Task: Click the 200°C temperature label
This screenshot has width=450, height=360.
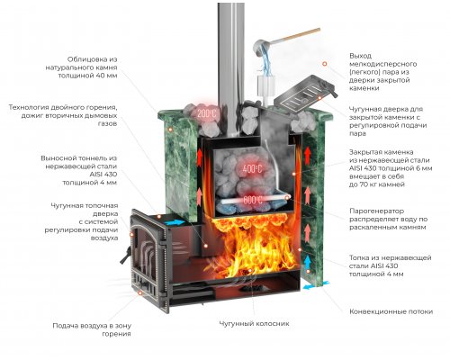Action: pos(206,114)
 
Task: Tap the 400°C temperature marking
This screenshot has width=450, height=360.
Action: pos(252,169)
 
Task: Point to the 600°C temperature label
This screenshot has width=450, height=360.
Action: pos(252,200)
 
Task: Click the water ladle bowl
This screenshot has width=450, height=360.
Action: pos(261,48)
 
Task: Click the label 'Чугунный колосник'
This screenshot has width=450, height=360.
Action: pos(254,324)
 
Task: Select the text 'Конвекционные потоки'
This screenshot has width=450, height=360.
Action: pos(391,311)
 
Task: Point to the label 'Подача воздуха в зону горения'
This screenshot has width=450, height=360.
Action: pos(92,329)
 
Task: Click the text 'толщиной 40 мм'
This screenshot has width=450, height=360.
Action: pos(87,76)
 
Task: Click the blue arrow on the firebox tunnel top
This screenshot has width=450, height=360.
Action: pos(175,222)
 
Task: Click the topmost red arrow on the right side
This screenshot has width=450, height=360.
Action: pos(307,154)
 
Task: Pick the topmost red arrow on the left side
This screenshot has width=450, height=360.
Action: pos(199,157)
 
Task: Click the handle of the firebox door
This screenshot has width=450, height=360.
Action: pos(125,256)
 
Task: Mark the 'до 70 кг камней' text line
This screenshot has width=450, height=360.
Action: pos(377,184)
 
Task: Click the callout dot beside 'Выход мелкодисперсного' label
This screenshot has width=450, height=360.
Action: pos(324,64)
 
